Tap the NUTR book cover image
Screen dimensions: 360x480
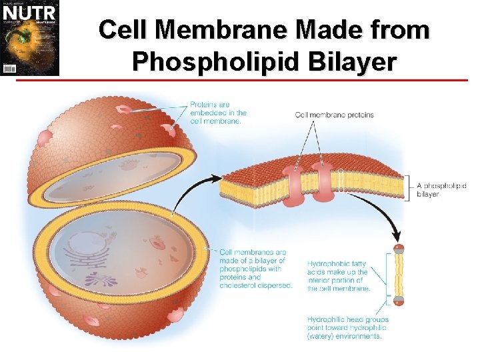click(x=29, y=38)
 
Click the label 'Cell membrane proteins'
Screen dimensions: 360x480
click(x=334, y=115)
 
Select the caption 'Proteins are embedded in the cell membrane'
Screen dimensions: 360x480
click(x=218, y=113)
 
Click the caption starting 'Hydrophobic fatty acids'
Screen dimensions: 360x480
click(x=337, y=276)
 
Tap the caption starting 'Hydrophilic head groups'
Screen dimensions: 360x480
click(x=347, y=328)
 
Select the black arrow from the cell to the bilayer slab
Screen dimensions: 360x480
click(x=196, y=193)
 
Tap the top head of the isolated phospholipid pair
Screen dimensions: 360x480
click(x=399, y=249)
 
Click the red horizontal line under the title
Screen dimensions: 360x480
click(x=267, y=81)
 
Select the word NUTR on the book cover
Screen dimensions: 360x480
click(x=29, y=13)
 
